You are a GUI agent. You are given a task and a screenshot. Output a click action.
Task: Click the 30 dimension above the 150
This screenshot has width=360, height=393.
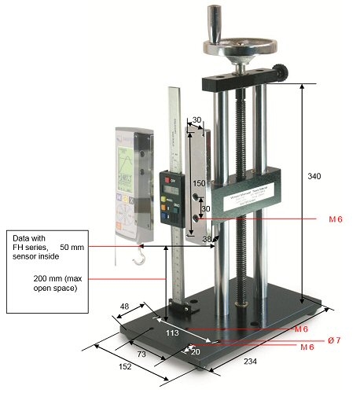click(x=197, y=121)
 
